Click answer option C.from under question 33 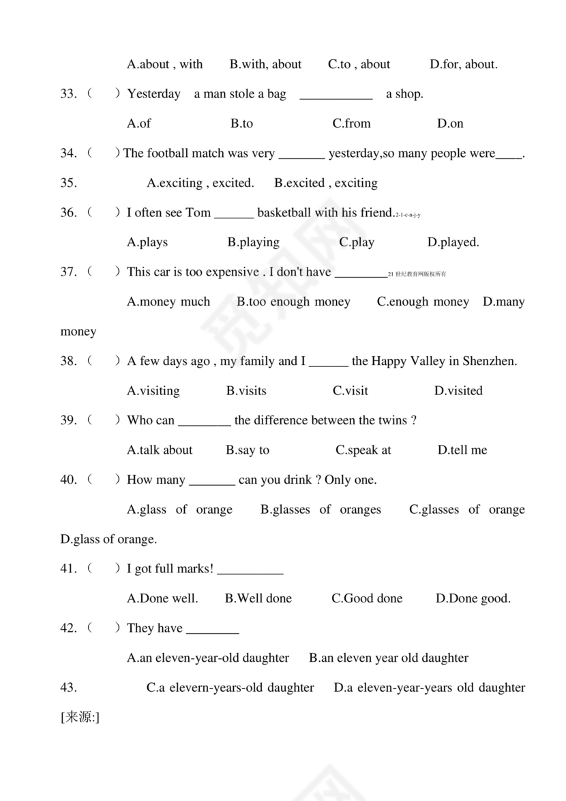[351, 123]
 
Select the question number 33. [68, 94]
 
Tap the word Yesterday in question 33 [153, 94]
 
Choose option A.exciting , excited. [200, 183]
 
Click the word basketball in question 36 [284, 213]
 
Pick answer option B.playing [253, 242]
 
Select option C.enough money [423, 302]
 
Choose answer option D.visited [458, 391]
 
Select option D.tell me [462, 450]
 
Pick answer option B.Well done [258, 598]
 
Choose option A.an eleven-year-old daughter [208, 658]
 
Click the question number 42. [68, 628]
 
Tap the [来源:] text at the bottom [80, 717]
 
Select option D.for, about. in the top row [464, 65]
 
